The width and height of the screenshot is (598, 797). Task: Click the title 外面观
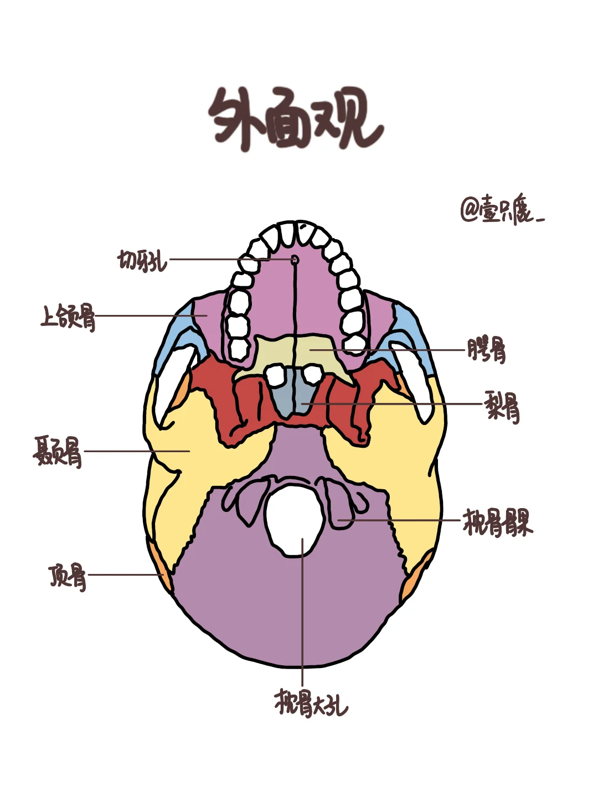tap(296, 119)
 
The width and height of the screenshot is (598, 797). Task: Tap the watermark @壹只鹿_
tap(501, 210)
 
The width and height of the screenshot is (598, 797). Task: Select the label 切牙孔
tap(142, 260)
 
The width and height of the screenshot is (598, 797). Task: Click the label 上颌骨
tap(68, 317)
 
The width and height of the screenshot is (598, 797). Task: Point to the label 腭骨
tap(486, 350)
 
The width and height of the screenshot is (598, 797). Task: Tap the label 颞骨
tap(58, 452)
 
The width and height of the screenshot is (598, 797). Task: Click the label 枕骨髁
tap(497, 522)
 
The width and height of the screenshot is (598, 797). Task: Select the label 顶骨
tap(68, 576)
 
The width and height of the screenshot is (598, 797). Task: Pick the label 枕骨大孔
tap(311, 703)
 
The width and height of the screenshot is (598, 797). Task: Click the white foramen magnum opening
tap(294, 517)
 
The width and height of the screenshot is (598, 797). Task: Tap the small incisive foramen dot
tap(295, 259)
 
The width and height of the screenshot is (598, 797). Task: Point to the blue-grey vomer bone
tap(293, 396)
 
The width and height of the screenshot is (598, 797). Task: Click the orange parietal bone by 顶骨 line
tap(164, 576)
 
